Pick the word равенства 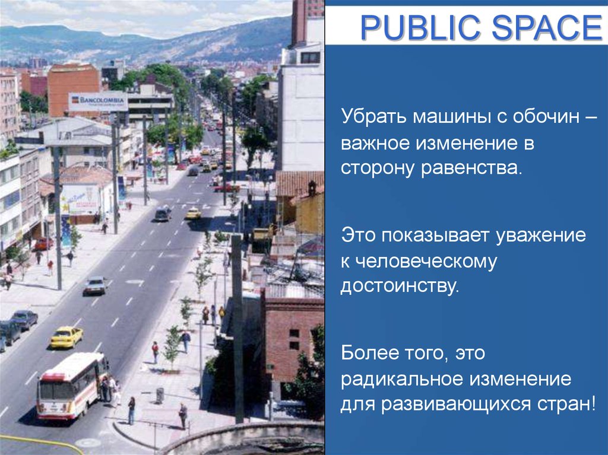coord(472,167)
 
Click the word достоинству coord(400,287)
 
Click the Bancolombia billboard coord(98,102)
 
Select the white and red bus coord(71,386)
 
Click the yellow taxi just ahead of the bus coord(66,337)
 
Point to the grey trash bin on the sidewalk coord(160,395)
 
